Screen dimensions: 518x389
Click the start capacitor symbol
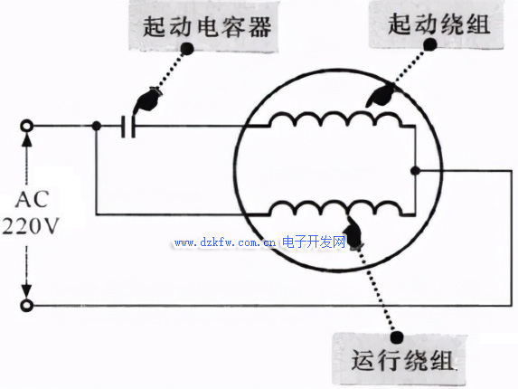tap(128, 126)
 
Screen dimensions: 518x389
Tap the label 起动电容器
tap(207, 26)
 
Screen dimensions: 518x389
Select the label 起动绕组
tap(439, 24)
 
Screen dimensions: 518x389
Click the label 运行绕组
tap(402, 360)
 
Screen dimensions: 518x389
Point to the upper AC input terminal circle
tap(27, 126)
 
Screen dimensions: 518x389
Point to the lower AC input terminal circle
tap(27, 305)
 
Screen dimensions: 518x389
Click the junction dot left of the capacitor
tap(96, 126)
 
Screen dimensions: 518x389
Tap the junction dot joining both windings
tap(415, 171)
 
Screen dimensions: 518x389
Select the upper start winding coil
tap(336, 119)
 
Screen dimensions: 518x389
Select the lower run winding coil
tap(336, 207)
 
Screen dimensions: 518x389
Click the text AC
tap(33, 199)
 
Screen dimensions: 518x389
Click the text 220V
tap(31, 226)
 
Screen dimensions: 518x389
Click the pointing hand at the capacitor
tap(147, 100)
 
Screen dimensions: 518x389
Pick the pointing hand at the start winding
tap(380, 96)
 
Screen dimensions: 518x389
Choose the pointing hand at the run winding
tap(353, 233)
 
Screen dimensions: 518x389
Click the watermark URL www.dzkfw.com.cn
tap(225, 243)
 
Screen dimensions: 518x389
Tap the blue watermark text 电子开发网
tap(314, 242)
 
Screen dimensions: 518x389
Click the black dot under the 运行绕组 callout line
tap(397, 337)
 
